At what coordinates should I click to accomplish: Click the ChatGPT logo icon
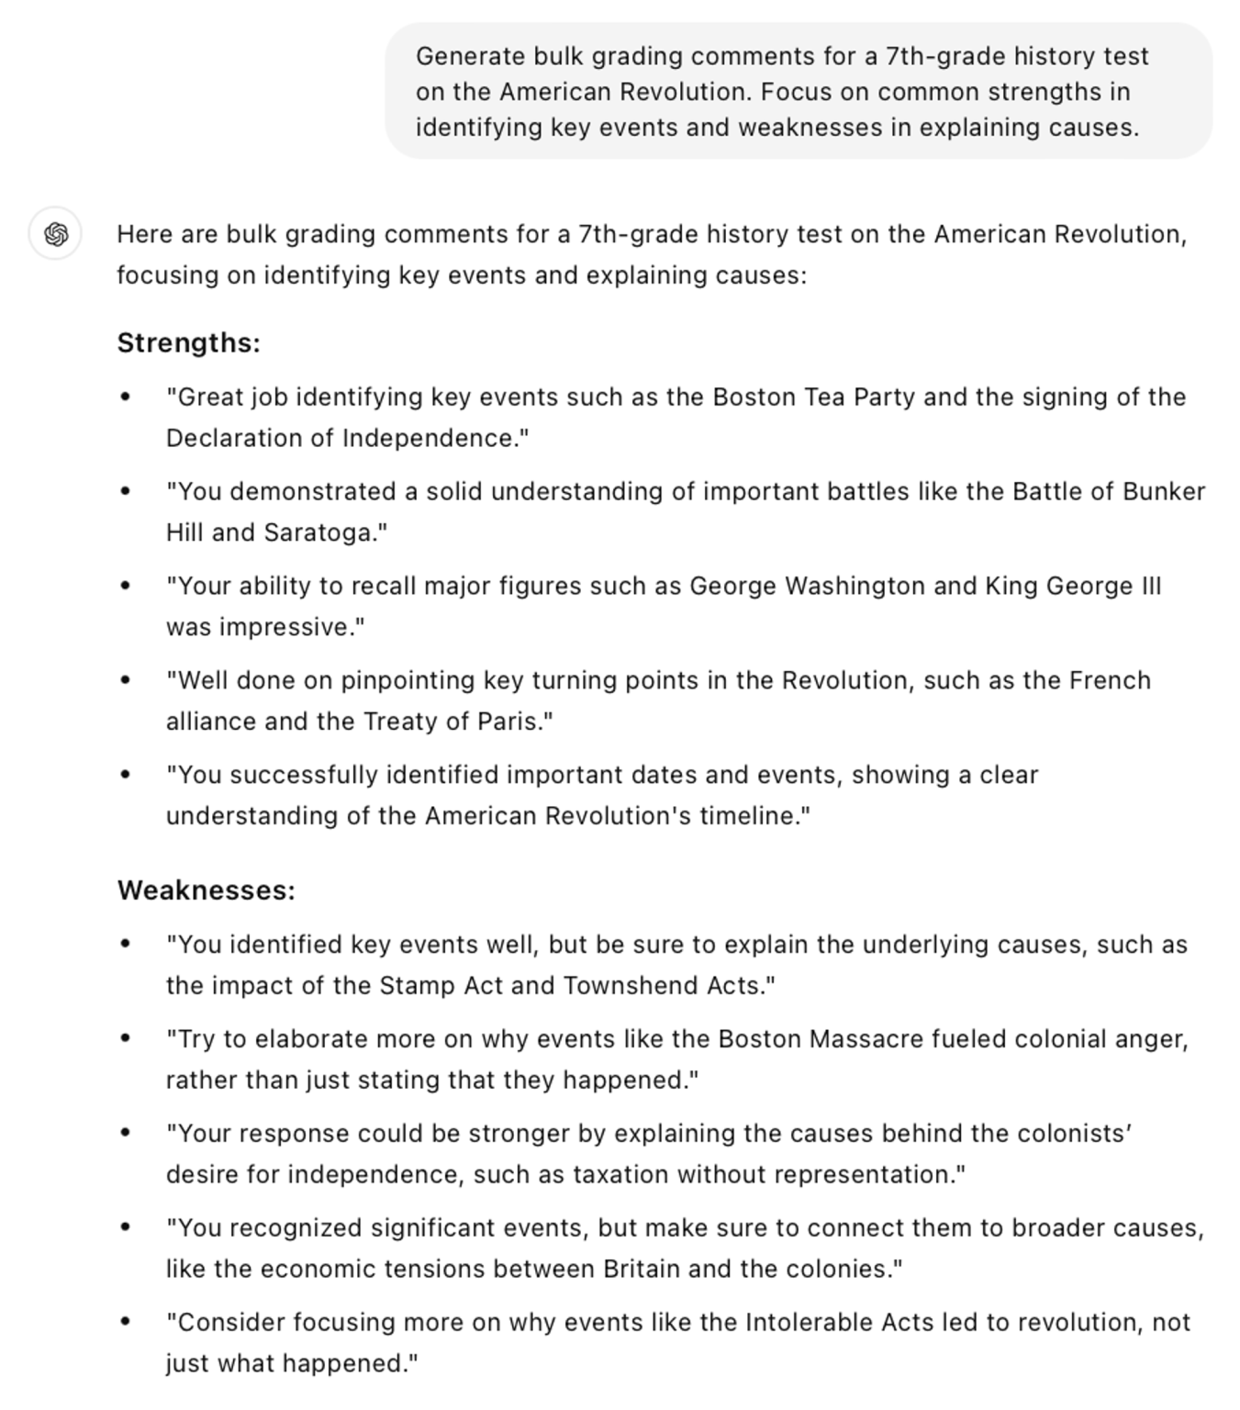(x=56, y=234)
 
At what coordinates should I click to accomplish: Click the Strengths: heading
(x=188, y=343)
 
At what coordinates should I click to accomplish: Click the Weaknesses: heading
(x=206, y=890)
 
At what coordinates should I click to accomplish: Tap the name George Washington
(x=807, y=587)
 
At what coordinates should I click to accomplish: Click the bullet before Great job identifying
(x=126, y=397)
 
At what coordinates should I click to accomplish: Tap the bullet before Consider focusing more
(x=126, y=1323)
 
